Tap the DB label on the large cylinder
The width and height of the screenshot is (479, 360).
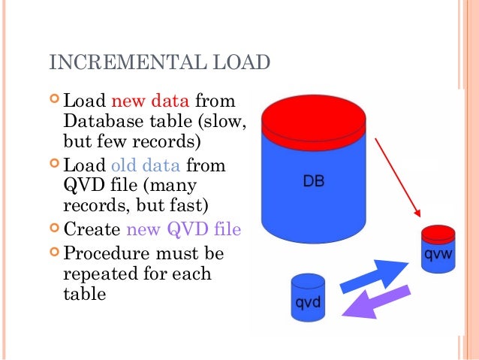[313, 180]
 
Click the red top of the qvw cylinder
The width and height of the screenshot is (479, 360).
[437, 232]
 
